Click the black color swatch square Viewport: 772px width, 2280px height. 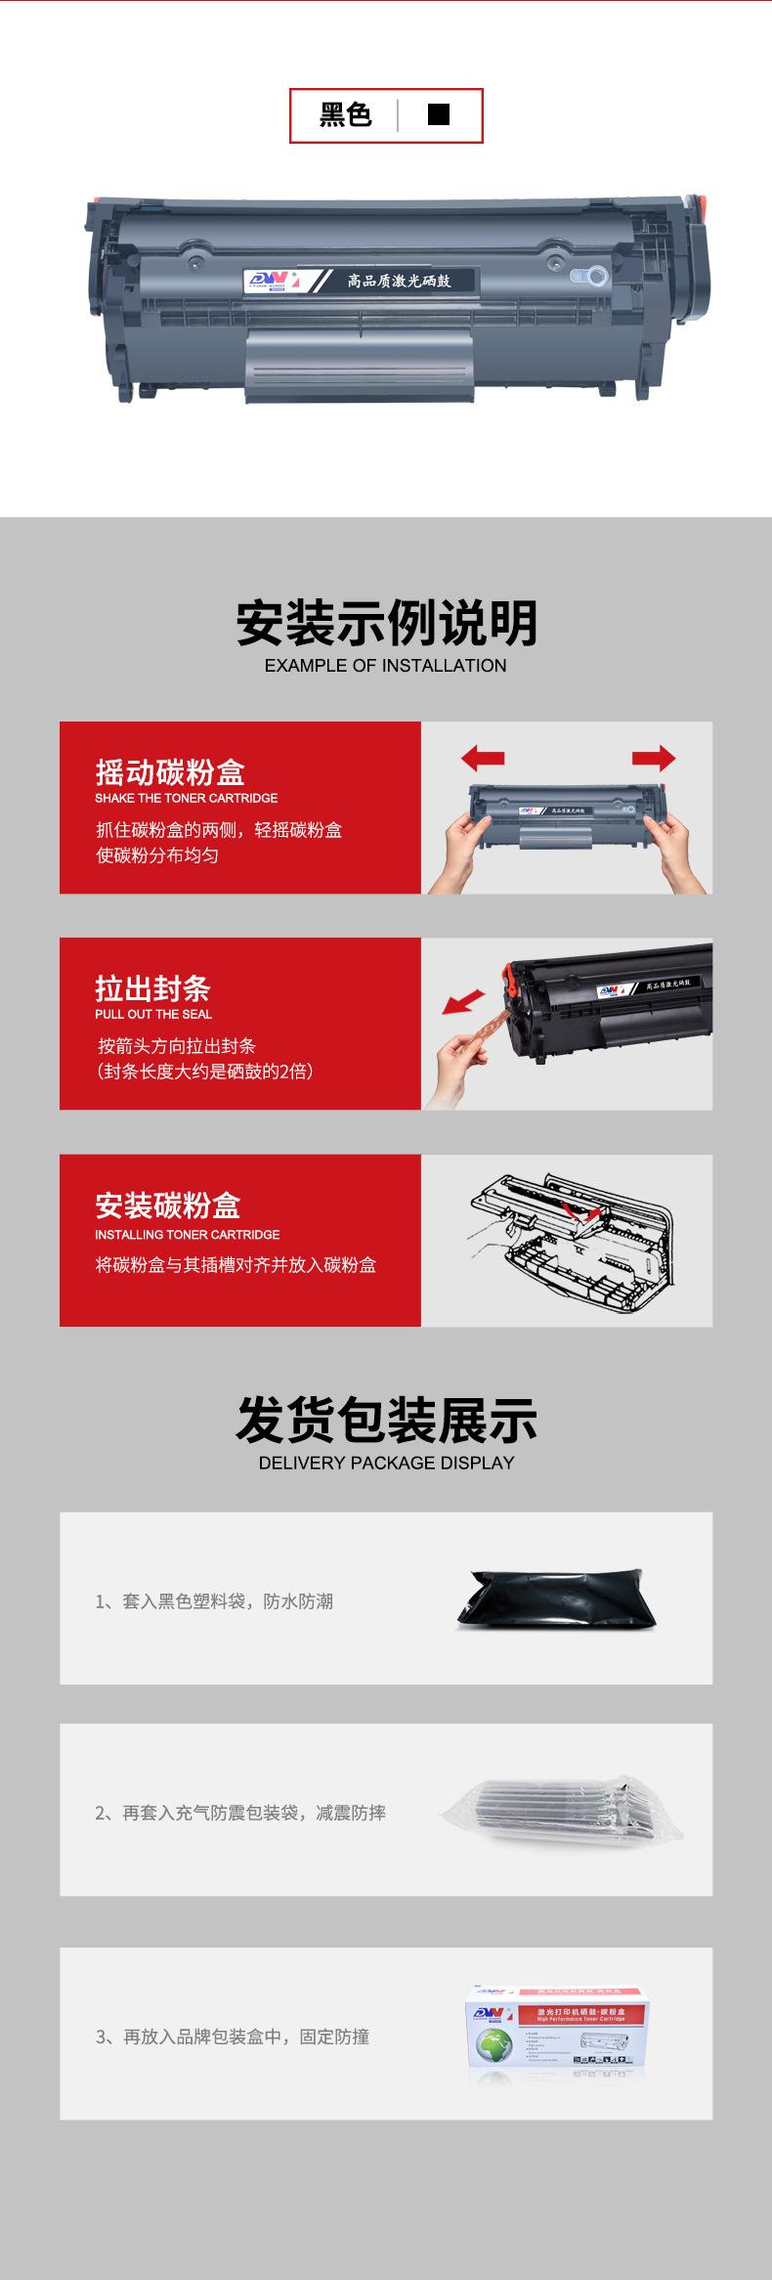click(439, 114)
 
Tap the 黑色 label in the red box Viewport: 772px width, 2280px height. click(346, 115)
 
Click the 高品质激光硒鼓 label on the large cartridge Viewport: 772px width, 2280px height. click(399, 282)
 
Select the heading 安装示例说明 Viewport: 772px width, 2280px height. click(386, 623)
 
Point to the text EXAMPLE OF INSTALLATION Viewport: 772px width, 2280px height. click(385, 666)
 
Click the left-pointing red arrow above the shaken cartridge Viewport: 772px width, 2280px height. click(483, 758)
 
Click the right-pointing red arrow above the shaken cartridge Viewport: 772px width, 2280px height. click(653, 758)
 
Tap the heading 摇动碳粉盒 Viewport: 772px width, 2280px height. click(170, 772)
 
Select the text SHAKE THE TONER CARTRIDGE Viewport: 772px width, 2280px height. click(186, 798)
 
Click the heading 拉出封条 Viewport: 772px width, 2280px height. click(152, 988)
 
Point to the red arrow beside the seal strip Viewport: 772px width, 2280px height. click(463, 1002)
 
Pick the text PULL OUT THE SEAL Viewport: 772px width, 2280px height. click(153, 1014)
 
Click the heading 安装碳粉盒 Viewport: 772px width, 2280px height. click(167, 1206)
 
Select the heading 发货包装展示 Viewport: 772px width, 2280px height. click(386, 1421)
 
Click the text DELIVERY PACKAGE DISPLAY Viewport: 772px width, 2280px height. click(386, 1464)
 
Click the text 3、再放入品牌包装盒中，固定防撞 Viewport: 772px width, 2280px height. click(233, 2038)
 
